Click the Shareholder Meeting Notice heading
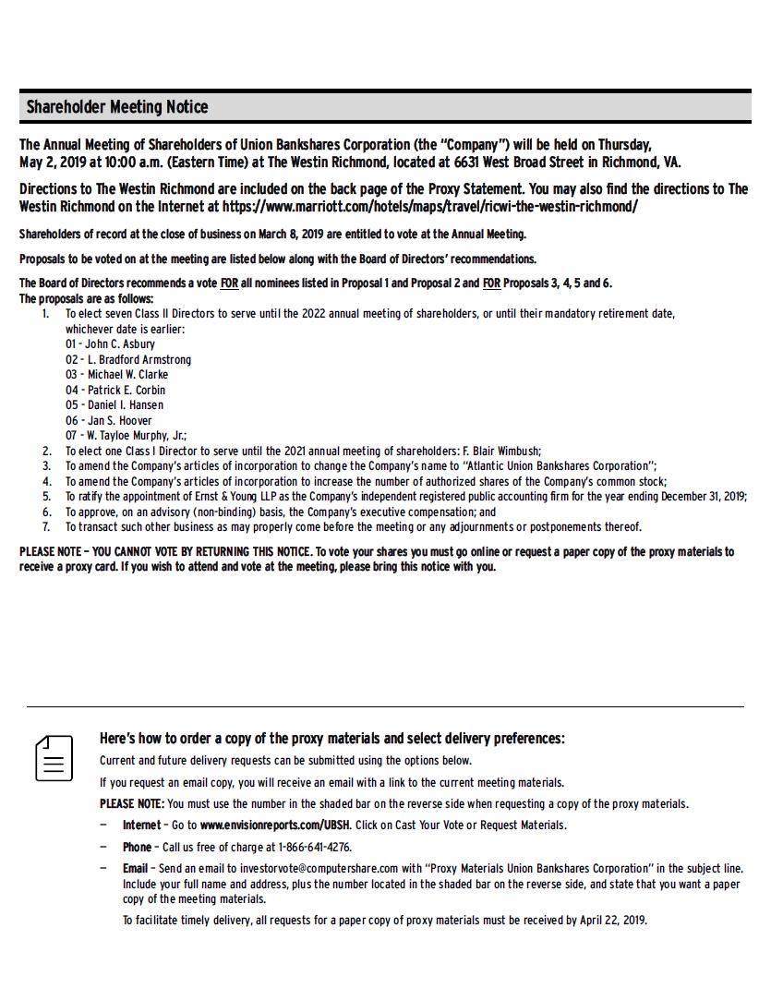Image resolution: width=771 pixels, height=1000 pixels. (117, 107)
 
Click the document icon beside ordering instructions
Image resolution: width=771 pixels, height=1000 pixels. (54, 758)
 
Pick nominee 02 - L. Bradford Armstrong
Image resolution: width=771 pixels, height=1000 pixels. (128, 359)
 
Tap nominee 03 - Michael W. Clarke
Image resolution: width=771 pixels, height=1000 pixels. (116, 375)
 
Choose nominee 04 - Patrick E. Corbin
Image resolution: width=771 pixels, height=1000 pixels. (115, 390)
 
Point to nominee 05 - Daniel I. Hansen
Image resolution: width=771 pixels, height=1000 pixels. (114, 405)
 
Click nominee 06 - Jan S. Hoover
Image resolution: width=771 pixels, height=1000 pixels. (108, 420)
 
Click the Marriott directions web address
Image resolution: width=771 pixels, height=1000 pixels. (429, 206)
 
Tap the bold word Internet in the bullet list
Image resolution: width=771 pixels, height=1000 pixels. (141, 825)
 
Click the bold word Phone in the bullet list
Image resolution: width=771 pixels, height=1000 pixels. (137, 847)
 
